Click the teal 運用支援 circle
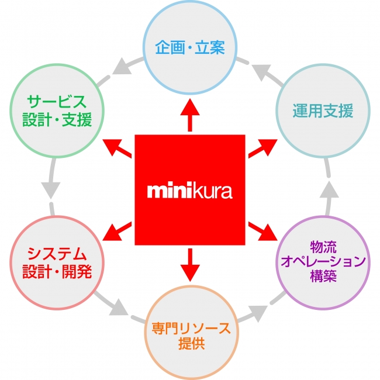pyautogui.click(x=323, y=111)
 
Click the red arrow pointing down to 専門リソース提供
pyautogui.click(x=189, y=266)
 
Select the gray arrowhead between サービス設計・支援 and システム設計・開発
pyautogui.click(x=51, y=190)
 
